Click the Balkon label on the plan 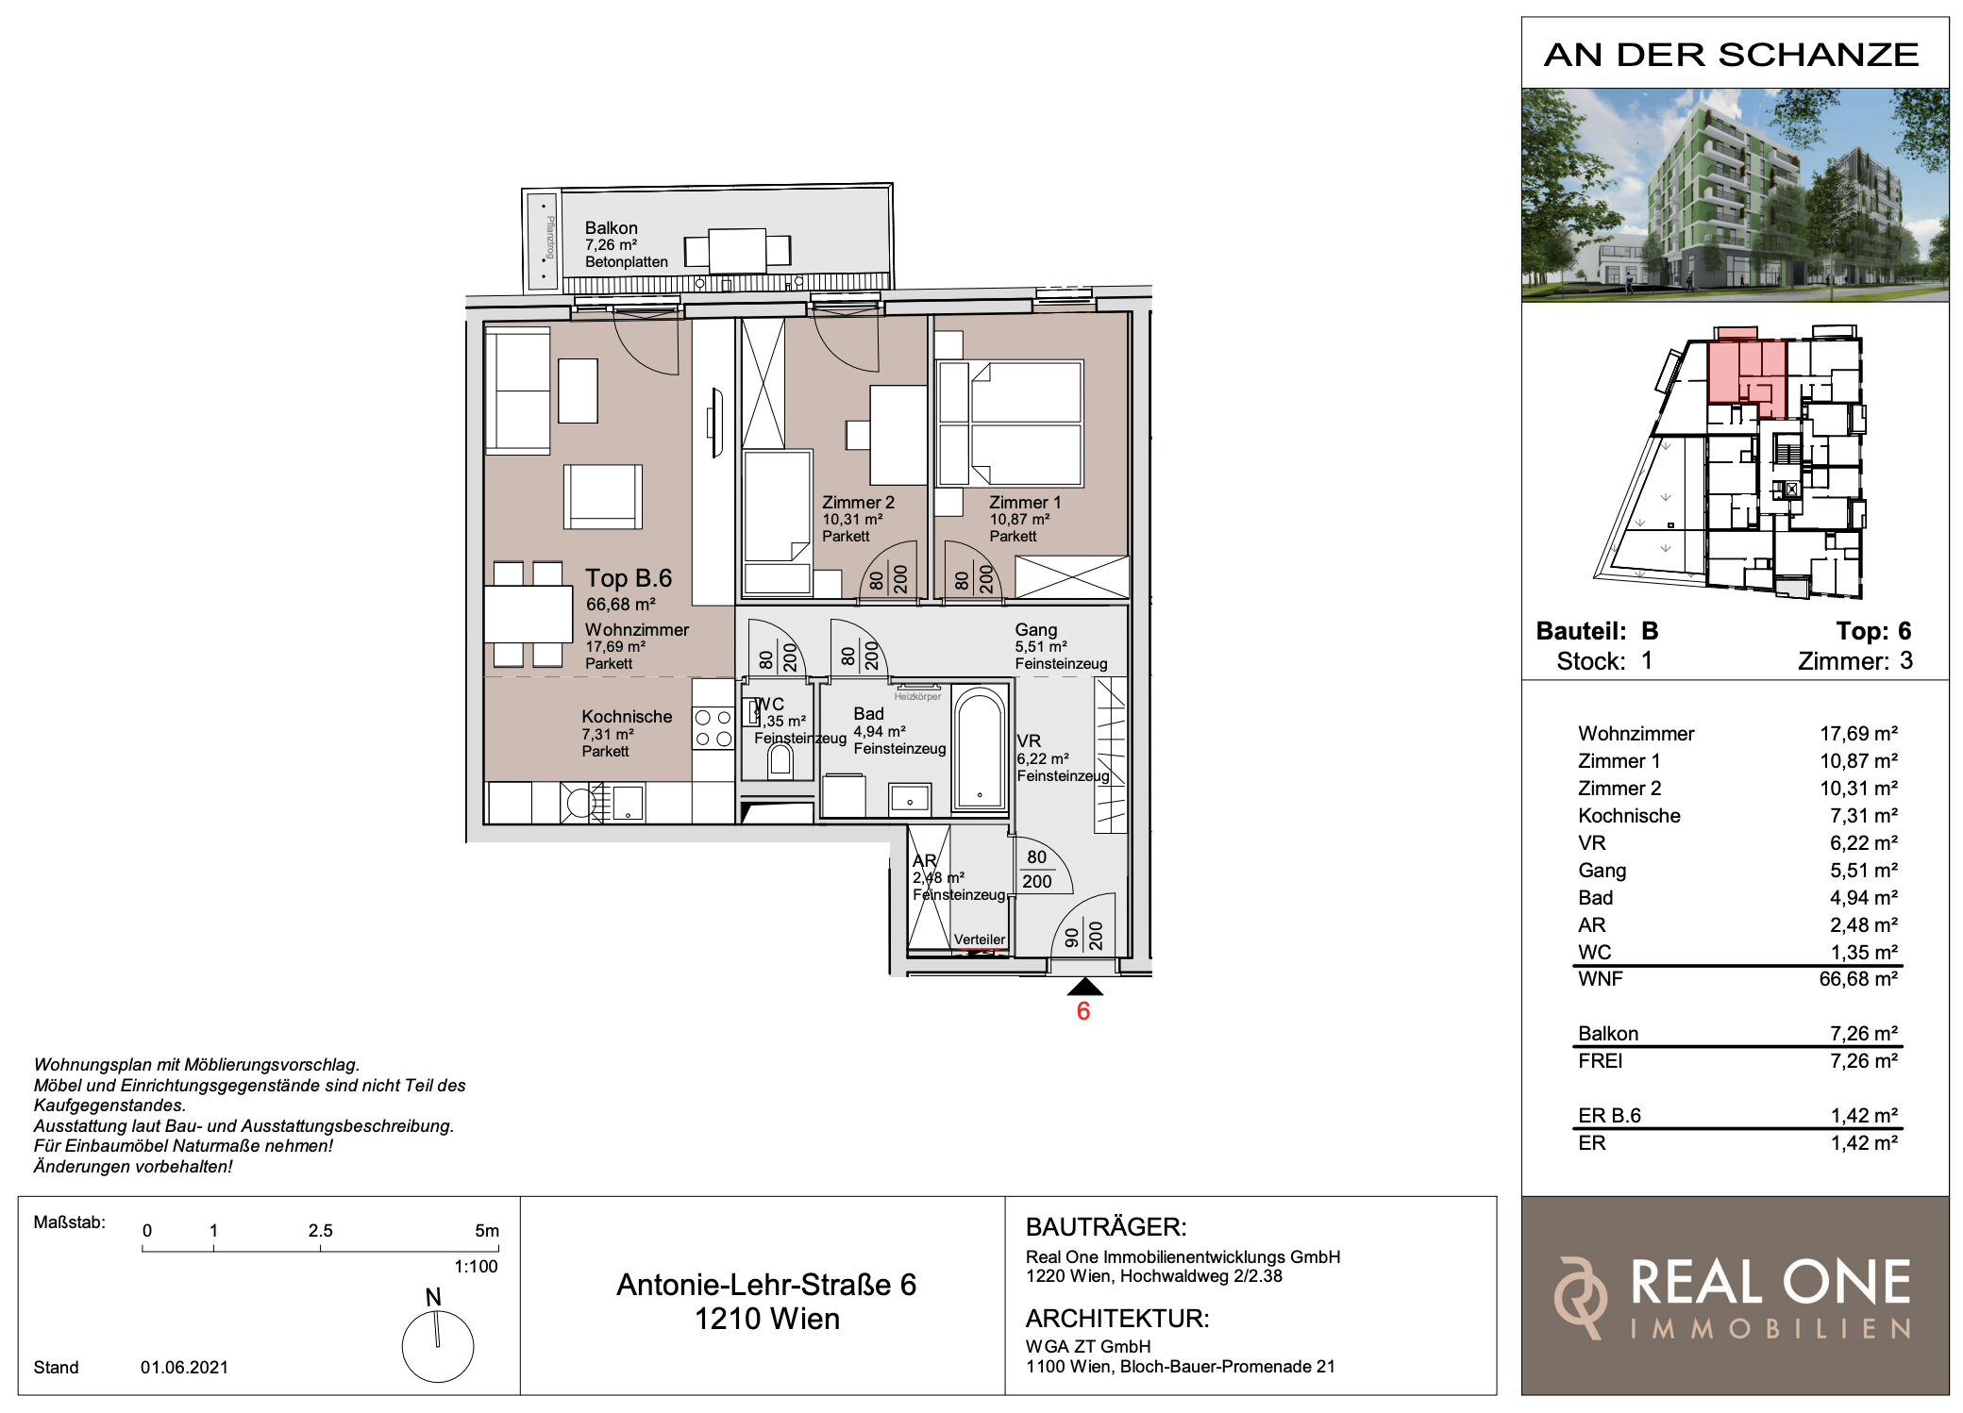tap(611, 228)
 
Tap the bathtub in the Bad tap(980, 748)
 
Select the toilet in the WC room tap(780, 759)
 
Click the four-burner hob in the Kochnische tap(713, 728)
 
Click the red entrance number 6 tap(1083, 1011)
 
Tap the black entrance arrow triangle tap(1084, 987)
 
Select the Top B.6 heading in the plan tap(629, 578)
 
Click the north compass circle tap(438, 1347)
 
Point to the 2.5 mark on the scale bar tap(320, 1231)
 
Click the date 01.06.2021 tap(184, 1368)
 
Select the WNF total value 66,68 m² tap(1858, 979)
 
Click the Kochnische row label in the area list tap(1629, 816)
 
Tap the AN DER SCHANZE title tap(1732, 55)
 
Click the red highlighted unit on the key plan tap(1746, 377)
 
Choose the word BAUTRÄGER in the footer tap(1106, 1227)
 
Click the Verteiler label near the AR tap(980, 939)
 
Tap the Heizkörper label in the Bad tap(917, 697)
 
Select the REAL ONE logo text tap(1770, 1283)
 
